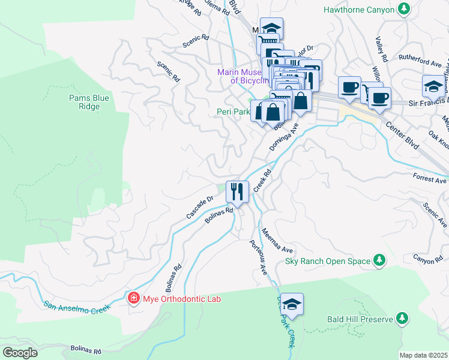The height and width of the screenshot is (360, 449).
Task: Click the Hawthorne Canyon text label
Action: click(358, 10)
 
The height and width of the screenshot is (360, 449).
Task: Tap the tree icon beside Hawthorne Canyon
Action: click(405, 9)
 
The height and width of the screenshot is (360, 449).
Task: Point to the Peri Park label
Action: click(233, 112)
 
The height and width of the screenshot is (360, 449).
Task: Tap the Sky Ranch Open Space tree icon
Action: click(379, 260)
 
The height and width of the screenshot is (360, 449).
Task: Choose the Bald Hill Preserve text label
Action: click(360, 319)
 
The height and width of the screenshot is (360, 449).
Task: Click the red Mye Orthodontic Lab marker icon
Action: click(133, 298)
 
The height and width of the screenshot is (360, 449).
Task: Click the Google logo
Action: click(20, 352)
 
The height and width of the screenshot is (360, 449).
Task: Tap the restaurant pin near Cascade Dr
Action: click(237, 191)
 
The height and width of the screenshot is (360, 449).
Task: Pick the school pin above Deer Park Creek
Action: click(292, 305)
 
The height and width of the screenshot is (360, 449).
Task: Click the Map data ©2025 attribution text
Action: click(423, 355)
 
